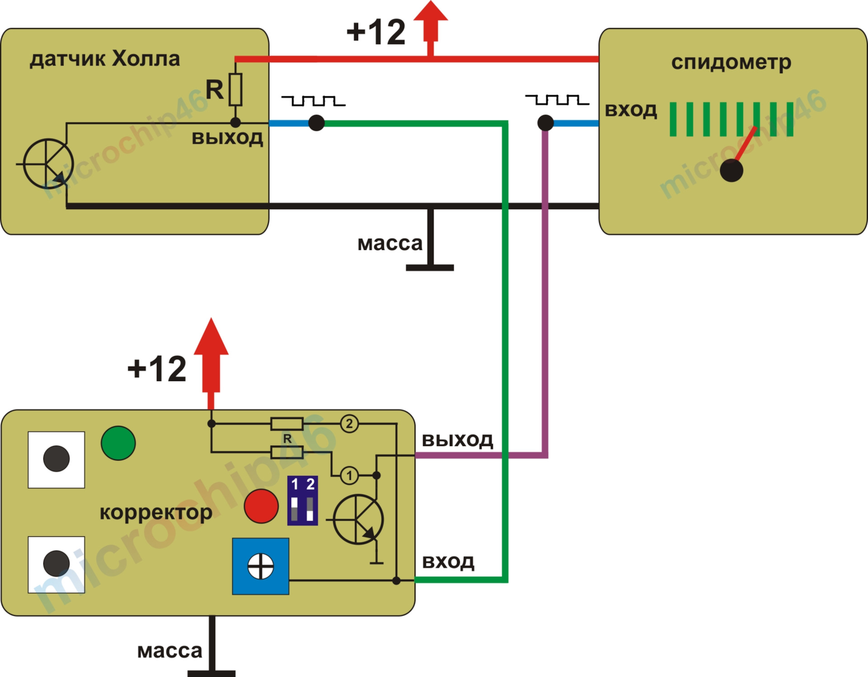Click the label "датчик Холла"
105,59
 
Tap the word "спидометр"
731,63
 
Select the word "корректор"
156,513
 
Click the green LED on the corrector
118,443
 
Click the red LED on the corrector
261,506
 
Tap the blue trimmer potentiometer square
260,566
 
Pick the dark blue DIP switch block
302,501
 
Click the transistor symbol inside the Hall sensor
47,164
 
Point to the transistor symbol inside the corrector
358,520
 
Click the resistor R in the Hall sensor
236,89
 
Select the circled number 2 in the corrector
349,424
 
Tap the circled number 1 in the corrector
349,475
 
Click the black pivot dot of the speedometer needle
731,170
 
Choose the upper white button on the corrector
57,460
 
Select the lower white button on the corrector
57,564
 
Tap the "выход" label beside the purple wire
458,440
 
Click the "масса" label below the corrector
170,651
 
